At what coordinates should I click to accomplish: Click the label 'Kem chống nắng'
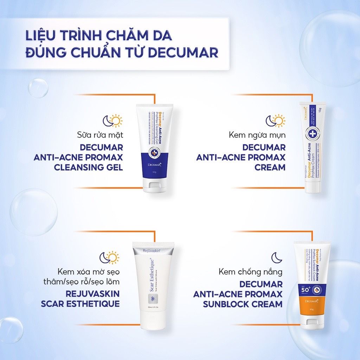tap(250, 272)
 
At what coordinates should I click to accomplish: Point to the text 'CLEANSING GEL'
tap(88, 167)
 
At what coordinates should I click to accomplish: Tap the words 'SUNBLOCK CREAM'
tap(243, 304)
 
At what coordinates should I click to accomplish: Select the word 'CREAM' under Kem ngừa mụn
tap(270, 167)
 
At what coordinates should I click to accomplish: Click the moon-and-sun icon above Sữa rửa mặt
tap(112, 121)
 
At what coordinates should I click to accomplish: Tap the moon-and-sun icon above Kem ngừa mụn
tap(275, 121)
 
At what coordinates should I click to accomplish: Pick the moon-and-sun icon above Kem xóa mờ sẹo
tap(109, 257)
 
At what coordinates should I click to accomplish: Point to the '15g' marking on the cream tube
tap(319, 110)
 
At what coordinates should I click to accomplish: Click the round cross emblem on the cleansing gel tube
tap(154, 154)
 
